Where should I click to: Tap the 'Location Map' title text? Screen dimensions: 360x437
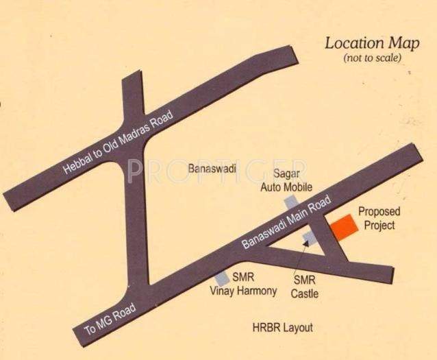pyautogui.click(x=371, y=44)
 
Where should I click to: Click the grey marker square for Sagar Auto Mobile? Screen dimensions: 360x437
pyautogui.click(x=291, y=201)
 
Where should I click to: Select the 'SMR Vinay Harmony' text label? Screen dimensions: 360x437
pyautogui.click(x=242, y=285)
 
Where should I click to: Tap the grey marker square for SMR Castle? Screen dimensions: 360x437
pyautogui.click(x=310, y=237)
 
